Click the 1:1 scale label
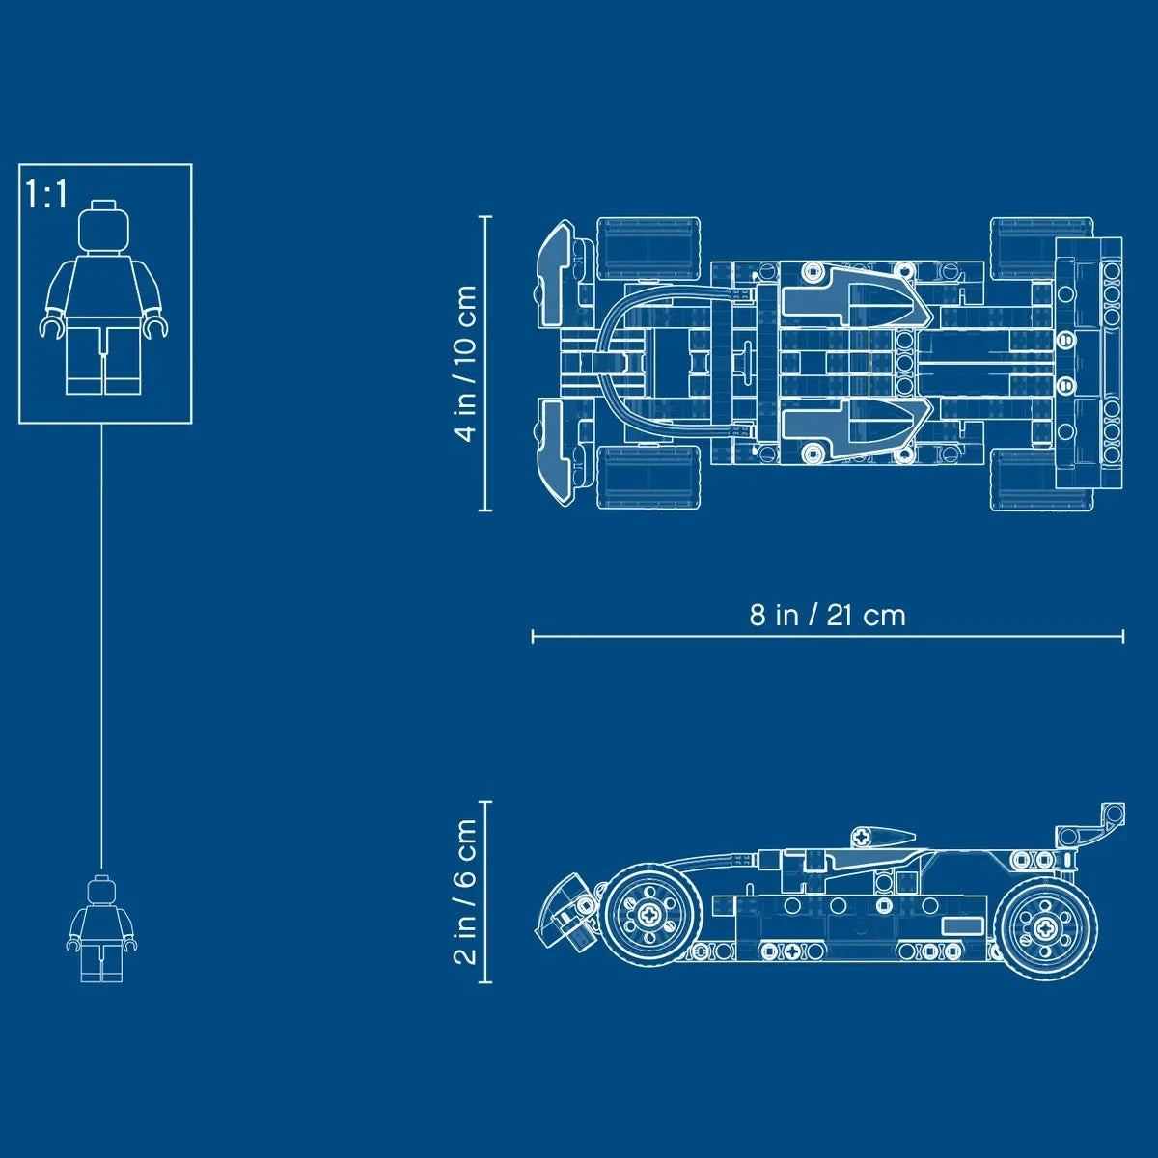point(47,194)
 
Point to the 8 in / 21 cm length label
point(827,615)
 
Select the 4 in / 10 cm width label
point(467,363)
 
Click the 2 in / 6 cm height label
point(467,892)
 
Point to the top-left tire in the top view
point(648,248)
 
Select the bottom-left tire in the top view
point(648,478)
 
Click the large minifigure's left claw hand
point(52,327)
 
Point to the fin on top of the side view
point(881,835)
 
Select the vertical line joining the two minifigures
point(101,647)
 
